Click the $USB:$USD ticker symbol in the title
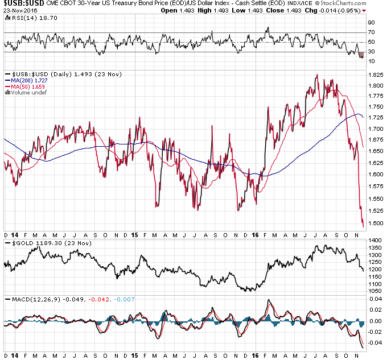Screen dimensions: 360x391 (23, 5)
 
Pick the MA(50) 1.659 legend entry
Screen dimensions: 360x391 (24, 86)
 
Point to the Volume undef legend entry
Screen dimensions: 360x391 (24, 92)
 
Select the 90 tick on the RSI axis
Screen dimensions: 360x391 (372, 23)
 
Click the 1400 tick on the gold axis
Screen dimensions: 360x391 (374, 241)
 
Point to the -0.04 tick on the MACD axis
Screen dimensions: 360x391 (375, 342)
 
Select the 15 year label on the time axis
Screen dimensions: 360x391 (135, 234)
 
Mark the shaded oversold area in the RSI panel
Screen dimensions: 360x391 (360, 55)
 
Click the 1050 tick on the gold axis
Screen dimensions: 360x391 (374, 291)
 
